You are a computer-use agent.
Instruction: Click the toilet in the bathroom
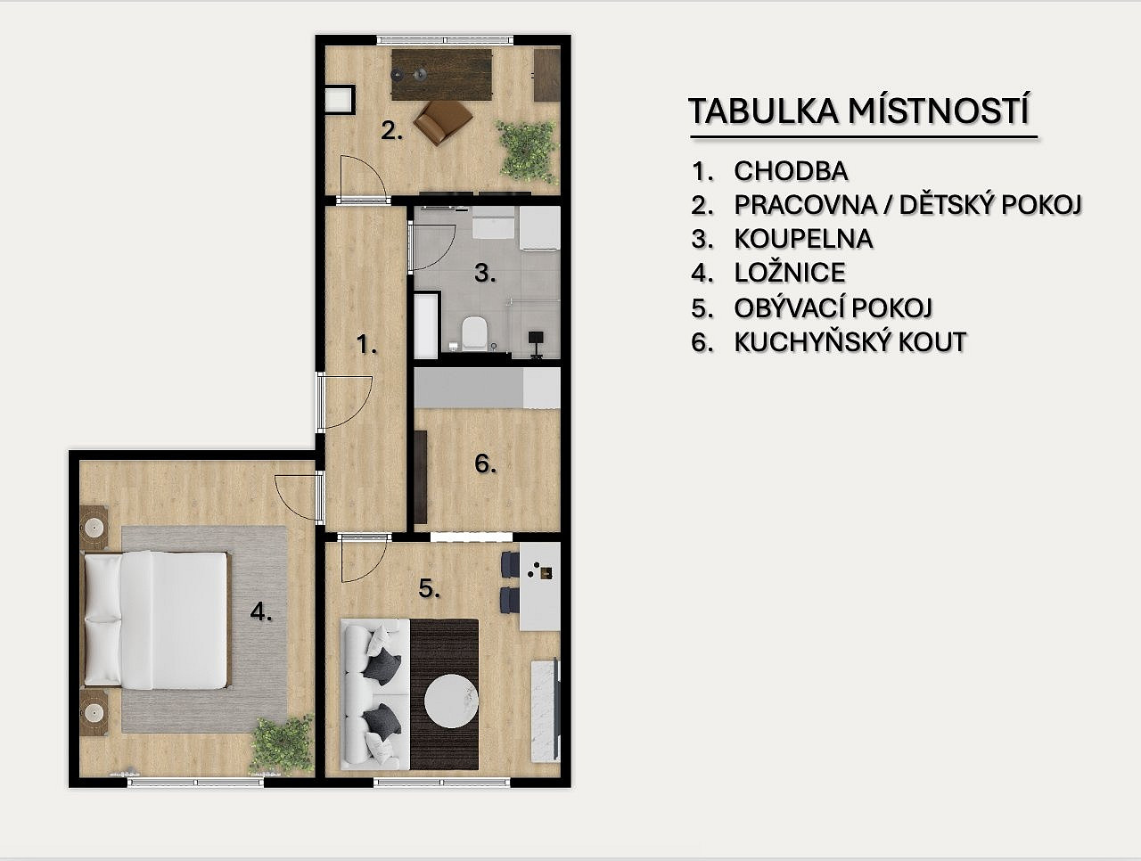pyautogui.click(x=474, y=333)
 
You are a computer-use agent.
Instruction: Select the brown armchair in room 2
pyautogui.click(x=443, y=122)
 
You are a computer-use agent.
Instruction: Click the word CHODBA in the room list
pyautogui.click(x=791, y=171)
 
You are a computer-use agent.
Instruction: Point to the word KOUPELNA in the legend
pyautogui.click(x=803, y=239)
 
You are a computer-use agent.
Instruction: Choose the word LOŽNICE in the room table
pyautogui.click(x=790, y=273)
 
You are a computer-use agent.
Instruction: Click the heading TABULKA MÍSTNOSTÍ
pyautogui.click(x=859, y=111)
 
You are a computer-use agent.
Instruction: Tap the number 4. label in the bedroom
pyautogui.click(x=261, y=613)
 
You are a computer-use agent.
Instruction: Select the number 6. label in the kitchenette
pyautogui.click(x=485, y=463)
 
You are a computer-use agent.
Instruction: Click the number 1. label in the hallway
pyautogui.click(x=366, y=345)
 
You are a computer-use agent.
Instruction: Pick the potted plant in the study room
pyautogui.click(x=526, y=151)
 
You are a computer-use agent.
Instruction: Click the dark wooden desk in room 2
pyautogui.click(x=441, y=74)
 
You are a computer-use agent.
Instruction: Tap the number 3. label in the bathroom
pyautogui.click(x=485, y=274)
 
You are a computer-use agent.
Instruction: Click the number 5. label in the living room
pyautogui.click(x=430, y=589)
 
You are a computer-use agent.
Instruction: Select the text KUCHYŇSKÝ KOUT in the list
pyautogui.click(x=850, y=342)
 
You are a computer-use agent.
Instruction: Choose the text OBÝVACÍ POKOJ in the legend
pyautogui.click(x=833, y=307)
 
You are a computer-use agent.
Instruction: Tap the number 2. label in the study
pyautogui.click(x=392, y=130)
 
